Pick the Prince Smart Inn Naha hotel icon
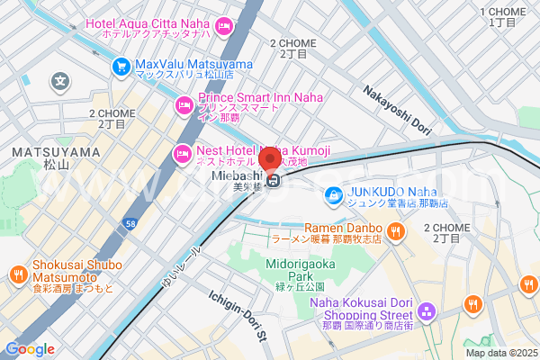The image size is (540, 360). (184, 105)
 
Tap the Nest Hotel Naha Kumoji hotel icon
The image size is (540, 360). (183, 153)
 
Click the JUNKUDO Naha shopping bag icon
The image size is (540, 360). (333, 193)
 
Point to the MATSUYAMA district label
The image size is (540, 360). (56, 153)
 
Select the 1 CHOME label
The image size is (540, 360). (509, 13)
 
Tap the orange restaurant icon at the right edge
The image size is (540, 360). (527, 285)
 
